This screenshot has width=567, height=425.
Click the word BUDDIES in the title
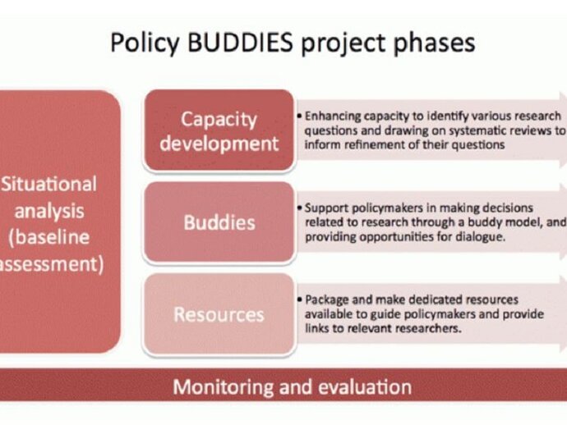click(x=240, y=42)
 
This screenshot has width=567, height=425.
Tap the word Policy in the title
click(x=145, y=43)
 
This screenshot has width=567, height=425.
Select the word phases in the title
click(x=434, y=43)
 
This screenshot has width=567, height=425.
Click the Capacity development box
click(x=219, y=130)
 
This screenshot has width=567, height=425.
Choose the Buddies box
click(x=219, y=222)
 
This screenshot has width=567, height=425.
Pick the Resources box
click(x=219, y=313)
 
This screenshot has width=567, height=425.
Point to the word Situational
click(x=49, y=184)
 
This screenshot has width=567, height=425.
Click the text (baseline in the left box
click(x=48, y=238)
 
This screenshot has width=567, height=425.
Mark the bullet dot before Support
click(x=299, y=208)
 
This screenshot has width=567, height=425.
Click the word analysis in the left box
click(x=49, y=212)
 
